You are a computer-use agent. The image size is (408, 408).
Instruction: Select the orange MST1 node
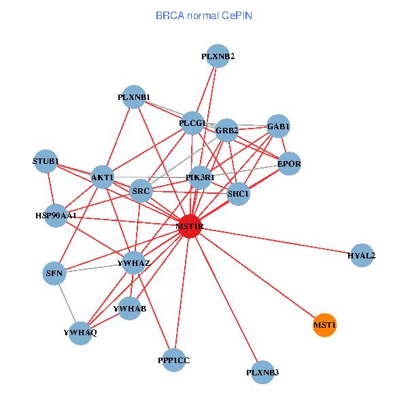click(x=325, y=326)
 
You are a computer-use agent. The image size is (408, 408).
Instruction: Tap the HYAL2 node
click(x=362, y=256)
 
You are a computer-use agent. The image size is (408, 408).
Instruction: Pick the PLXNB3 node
click(x=262, y=372)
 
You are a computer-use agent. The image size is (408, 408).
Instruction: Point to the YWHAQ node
click(x=81, y=333)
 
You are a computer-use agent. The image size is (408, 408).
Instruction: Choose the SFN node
click(x=54, y=274)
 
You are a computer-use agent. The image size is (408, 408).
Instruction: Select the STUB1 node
click(x=46, y=161)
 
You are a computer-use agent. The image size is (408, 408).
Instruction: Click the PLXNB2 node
click(x=218, y=56)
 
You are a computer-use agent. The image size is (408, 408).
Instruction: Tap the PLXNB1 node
click(x=134, y=97)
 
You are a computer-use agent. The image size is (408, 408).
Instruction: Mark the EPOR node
click(x=290, y=164)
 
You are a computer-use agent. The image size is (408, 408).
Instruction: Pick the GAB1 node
click(x=278, y=126)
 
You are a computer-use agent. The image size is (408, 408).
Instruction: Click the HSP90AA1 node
click(x=56, y=215)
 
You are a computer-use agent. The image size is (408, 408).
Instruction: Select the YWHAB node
click(x=130, y=309)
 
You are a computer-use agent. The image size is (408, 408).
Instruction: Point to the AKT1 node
click(x=102, y=177)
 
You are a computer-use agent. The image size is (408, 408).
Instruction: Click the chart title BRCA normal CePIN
click(x=204, y=15)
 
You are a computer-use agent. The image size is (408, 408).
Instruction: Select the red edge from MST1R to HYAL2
click(x=275, y=241)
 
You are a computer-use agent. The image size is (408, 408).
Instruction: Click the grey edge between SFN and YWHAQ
click(x=67, y=303)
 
